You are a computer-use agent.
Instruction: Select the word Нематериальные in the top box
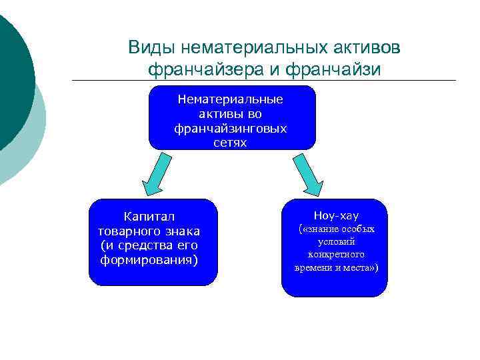coord(231,99)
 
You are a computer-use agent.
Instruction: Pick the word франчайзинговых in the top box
coord(231,128)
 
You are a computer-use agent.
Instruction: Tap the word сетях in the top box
coord(231,142)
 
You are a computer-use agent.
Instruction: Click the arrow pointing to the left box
coord(155,175)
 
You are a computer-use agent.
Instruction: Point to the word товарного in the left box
coord(126,231)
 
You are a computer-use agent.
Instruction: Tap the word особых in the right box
coord(358,229)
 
